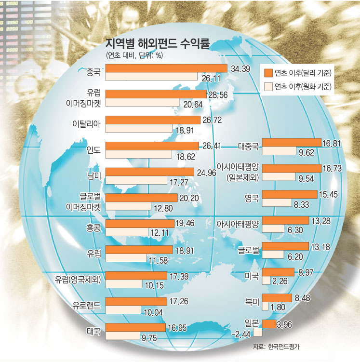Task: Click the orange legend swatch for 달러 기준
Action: coord(268,73)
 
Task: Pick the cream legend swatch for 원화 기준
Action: coord(268,87)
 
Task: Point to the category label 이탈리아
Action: coord(86,123)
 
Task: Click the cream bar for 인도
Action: coord(138,154)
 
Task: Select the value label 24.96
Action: coord(208,171)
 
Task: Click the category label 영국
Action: coord(252,197)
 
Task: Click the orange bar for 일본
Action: coord(269,323)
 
